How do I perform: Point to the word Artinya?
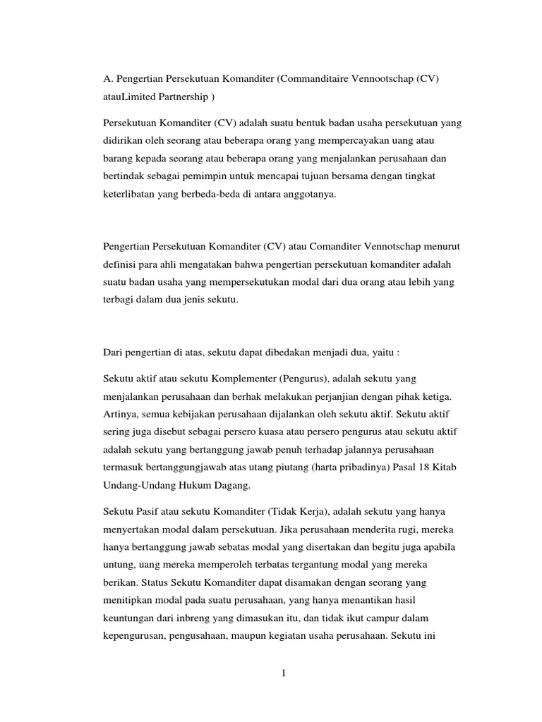119,417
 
